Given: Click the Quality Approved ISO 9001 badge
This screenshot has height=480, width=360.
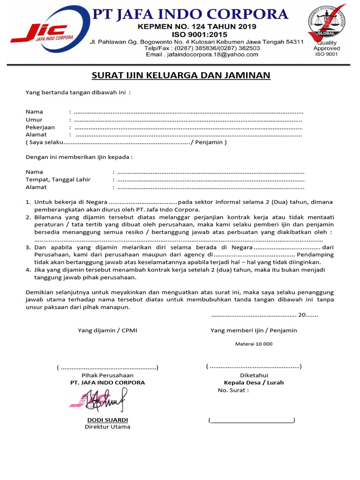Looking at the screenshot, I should click(327, 30).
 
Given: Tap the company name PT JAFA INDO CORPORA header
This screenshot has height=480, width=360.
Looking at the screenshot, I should click(190, 14).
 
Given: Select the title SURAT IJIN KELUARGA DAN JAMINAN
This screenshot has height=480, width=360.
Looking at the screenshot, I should click(180, 75).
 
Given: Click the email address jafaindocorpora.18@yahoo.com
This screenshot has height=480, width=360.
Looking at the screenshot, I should click(202, 54).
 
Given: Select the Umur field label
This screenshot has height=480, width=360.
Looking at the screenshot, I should click(34, 120).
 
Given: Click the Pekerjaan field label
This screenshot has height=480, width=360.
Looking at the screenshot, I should click(40, 127).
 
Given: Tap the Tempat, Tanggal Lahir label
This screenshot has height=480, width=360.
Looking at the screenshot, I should click(58, 180).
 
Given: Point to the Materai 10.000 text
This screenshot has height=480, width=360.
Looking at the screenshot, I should click(254, 344).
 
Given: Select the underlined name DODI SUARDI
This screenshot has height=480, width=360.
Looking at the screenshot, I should click(107, 420).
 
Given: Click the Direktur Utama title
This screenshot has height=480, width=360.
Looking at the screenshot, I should click(107, 427).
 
